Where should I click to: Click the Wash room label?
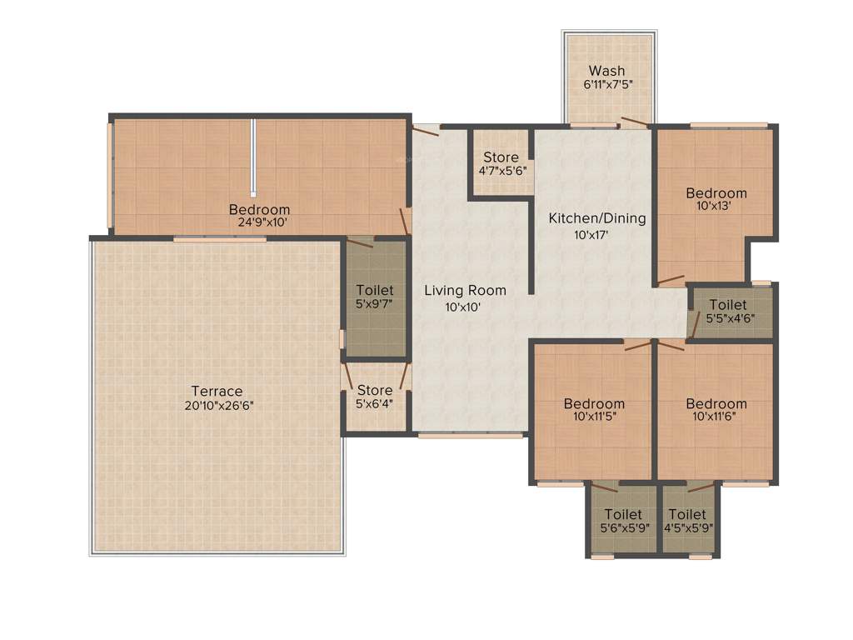(x=606, y=71)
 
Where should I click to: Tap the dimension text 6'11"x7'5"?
(x=606, y=85)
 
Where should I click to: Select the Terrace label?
(x=217, y=391)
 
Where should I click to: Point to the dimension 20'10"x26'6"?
(x=217, y=405)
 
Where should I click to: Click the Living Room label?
(x=465, y=291)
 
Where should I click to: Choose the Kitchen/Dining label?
(x=596, y=219)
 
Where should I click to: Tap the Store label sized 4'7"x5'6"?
(x=501, y=157)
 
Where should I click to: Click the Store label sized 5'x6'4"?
(x=374, y=390)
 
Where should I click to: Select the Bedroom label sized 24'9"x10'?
(x=259, y=209)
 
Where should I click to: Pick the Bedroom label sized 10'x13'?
(x=716, y=193)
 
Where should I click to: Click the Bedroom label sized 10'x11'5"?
(x=593, y=403)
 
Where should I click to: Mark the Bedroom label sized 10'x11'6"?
(x=716, y=403)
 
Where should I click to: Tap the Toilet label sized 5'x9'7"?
(x=374, y=290)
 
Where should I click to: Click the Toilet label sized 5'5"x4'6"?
(x=727, y=305)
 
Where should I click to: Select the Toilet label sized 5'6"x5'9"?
(x=622, y=514)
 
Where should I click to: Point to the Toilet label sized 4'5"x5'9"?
(x=687, y=514)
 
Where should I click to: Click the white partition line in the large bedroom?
(x=252, y=157)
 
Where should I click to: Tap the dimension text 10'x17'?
(x=596, y=234)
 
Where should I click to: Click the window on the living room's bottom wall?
(x=471, y=435)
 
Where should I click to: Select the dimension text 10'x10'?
(x=465, y=306)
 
